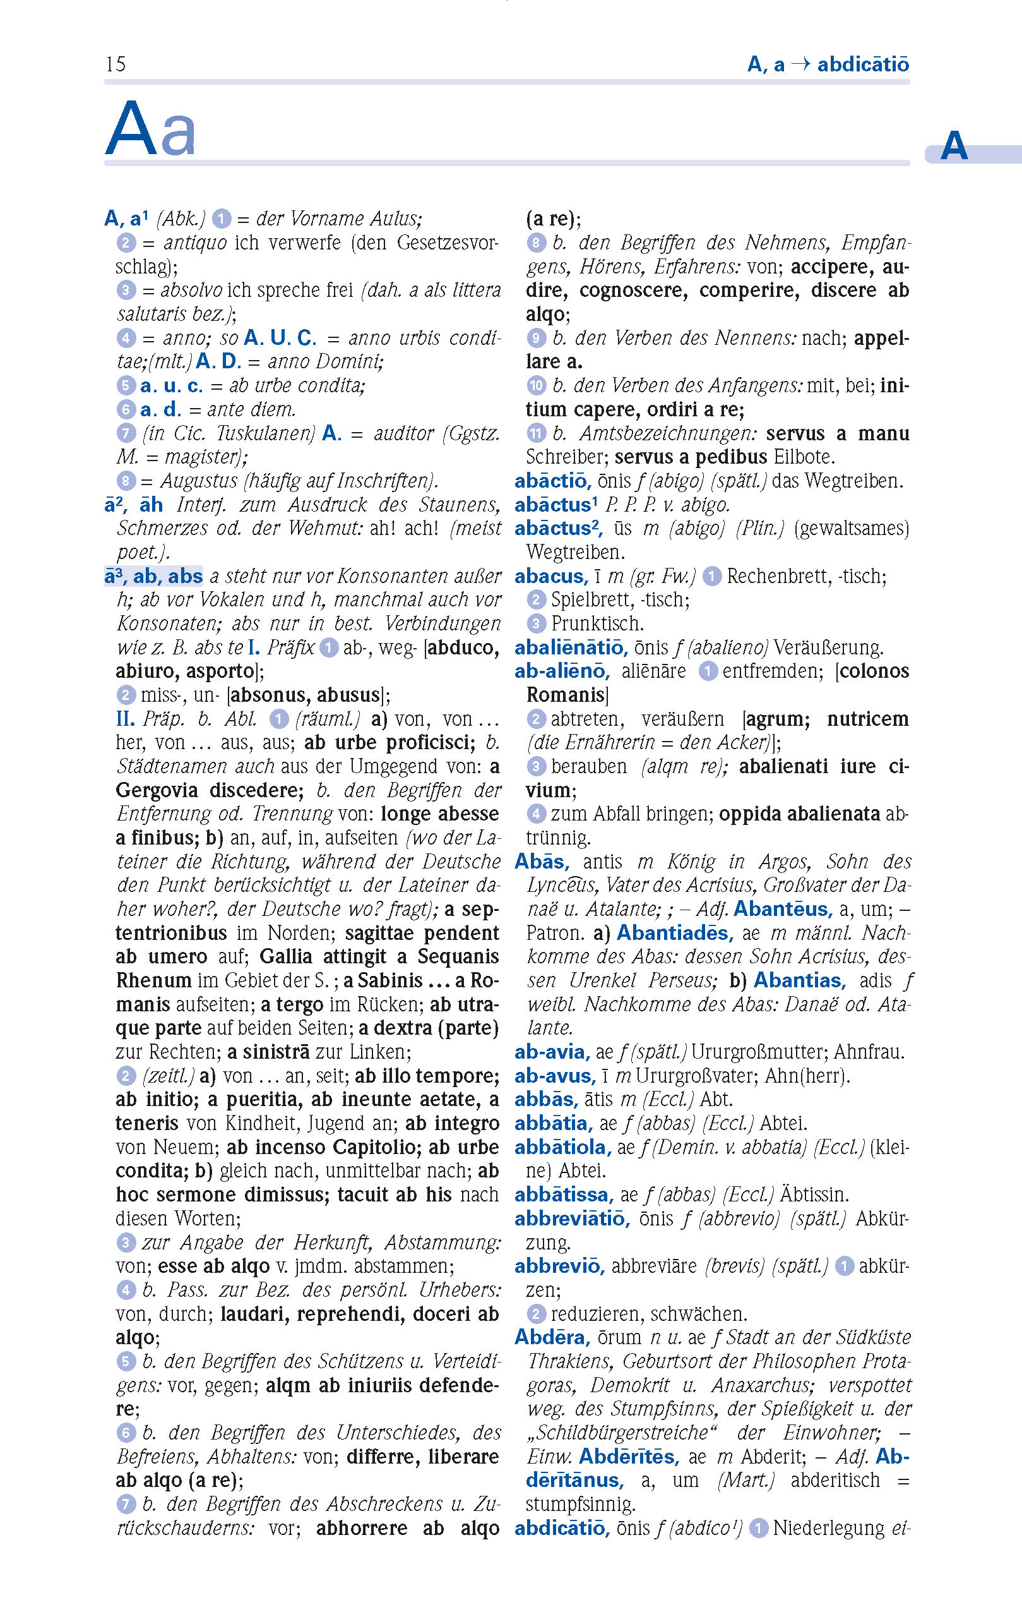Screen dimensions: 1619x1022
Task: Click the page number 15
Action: (x=116, y=64)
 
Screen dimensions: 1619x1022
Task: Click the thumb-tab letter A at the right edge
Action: (x=953, y=146)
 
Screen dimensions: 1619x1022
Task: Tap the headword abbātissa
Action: (x=564, y=1194)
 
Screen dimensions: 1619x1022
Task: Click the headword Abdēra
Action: (x=552, y=1337)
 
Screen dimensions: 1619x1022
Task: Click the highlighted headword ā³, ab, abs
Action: (x=154, y=576)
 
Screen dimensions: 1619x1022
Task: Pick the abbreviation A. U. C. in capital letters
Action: (x=280, y=337)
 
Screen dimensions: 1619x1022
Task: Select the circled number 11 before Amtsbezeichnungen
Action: (x=535, y=433)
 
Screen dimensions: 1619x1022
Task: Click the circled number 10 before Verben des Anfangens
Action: (x=535, y=385)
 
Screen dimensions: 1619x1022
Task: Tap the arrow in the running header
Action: (x=800, y=64)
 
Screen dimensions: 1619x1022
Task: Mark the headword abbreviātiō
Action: (x=572, y=1219)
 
